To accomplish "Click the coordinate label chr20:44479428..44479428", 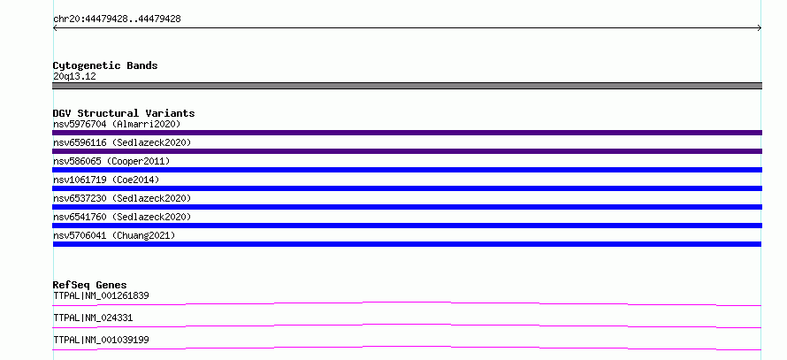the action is pyautogui.click(x=117, y=19).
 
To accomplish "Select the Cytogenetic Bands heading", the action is pyautogui.click(x=105, y=65).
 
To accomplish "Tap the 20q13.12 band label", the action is pyautogui.click(x=74, y=77).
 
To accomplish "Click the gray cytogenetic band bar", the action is pyautogui.click(x=407, y=86).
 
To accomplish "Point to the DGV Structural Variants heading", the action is pyautogui.click(x=124, y=113).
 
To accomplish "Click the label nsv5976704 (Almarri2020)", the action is pyautogui.click(x=117, y=124).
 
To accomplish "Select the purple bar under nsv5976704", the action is pyautogui.click(x=407, y=133).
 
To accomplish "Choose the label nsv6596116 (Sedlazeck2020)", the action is pyautogui.click(x=122, y=142).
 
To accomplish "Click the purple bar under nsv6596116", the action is pyautogui.click(x=407, y=151).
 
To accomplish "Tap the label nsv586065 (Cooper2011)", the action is pyautogui.click(x=111, y=161).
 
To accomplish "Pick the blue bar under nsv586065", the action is pyautogui.click(x=407, y=170).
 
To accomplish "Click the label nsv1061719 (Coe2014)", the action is pyautogui.click(x=106, y=180).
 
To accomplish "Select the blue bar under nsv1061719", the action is pyautogui.click(x=407, y=188).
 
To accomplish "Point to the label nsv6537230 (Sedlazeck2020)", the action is pyautogui.click(x=122, y=198).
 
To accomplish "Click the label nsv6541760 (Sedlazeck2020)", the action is pyautogui.click(x=122, y=217).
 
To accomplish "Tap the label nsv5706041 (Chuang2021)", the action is pyautogui.click(x=114, y=235).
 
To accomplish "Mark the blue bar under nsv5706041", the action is pyautogui.click(x=407, y=244).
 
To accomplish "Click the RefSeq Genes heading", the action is pyautogui.click(x=90, y=285).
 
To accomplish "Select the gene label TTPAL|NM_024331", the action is pyautogui.click(x=93, y=318).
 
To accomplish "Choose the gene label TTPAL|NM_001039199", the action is pyautogui.click(x=101, y=340).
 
